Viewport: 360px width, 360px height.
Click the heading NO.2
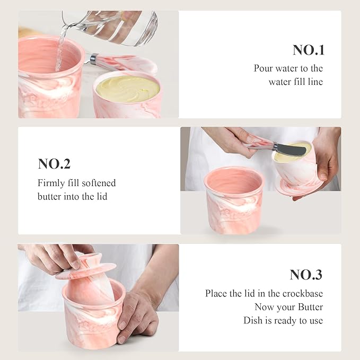pos(55,164)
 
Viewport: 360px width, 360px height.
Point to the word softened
pos(96,183)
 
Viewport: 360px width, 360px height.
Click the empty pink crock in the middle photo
pos(234,199)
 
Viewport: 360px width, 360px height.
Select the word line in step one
pos(314,82)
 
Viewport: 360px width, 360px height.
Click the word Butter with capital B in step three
pos(310,307)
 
